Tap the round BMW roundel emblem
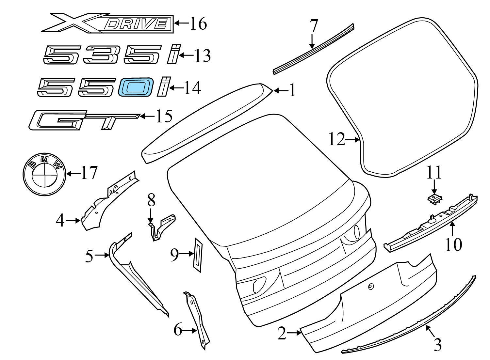44,174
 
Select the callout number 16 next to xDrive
198,23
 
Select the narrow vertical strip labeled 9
198,255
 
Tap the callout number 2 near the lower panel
282,334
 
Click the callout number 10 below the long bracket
454,244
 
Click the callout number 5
89,256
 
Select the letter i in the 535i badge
174,54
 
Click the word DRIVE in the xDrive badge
136,24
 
